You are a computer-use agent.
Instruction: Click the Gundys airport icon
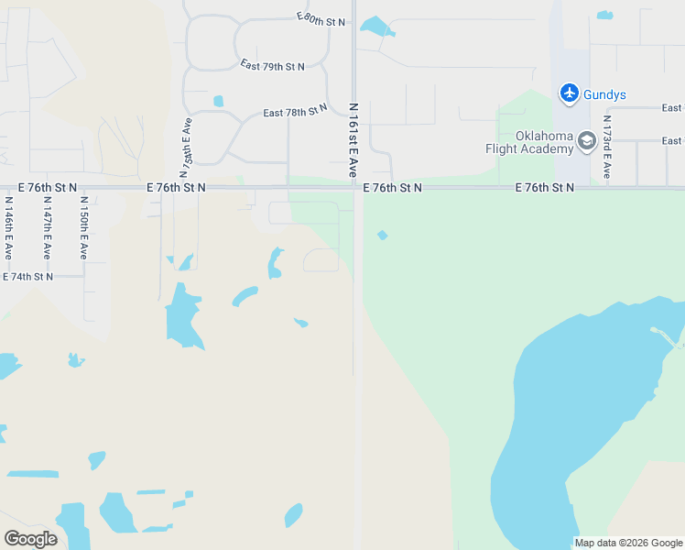570,93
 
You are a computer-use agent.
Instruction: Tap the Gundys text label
604,94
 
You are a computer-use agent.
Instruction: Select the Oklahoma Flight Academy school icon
586,141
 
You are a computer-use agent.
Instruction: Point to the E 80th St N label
321,18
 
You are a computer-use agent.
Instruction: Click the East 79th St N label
272,66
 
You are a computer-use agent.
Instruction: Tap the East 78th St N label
295,111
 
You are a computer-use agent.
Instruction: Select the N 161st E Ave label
353,139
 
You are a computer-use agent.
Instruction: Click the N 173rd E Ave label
606,147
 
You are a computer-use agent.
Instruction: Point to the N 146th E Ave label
8,228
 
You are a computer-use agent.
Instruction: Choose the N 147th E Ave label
46,228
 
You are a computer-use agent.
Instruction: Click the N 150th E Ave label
83,228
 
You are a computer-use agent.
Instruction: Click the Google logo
30,539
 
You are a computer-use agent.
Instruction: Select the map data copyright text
628,543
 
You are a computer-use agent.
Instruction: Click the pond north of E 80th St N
376,26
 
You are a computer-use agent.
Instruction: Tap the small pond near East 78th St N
218,101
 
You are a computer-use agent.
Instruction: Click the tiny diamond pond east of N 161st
382,236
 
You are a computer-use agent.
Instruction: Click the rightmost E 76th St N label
544,187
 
